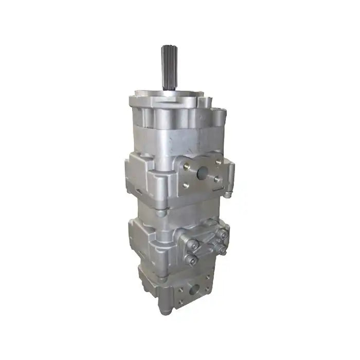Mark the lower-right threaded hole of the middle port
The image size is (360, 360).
tap(217, 179)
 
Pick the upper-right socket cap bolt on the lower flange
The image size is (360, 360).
tap(223, 235)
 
